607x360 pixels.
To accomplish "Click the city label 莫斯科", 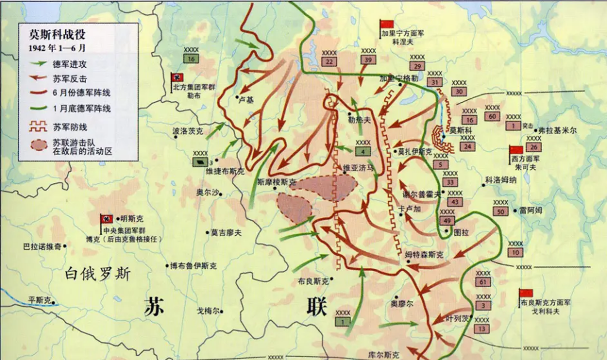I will coord(460,130).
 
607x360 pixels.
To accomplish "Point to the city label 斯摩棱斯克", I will coord(277,182).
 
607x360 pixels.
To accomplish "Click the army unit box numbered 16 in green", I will coord(191,59).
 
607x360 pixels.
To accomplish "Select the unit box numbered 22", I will coord(329,61).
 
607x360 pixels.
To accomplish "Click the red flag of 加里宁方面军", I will coord(387,25).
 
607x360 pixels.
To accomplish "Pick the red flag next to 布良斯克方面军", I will coord(526,293).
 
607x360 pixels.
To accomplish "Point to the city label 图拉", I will coord(461,232).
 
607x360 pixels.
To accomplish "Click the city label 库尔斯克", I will coord(383,355).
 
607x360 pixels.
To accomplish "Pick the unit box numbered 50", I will coord(500,212).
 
